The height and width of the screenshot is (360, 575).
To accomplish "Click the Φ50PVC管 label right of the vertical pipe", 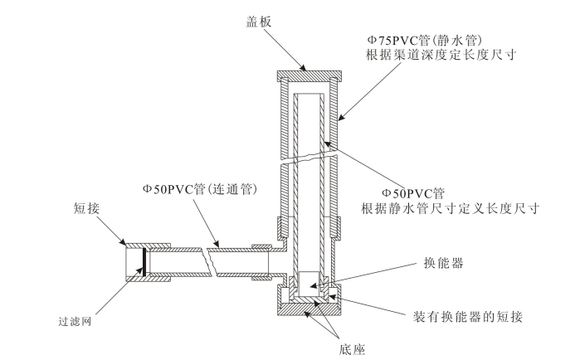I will (x=420, y=192).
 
